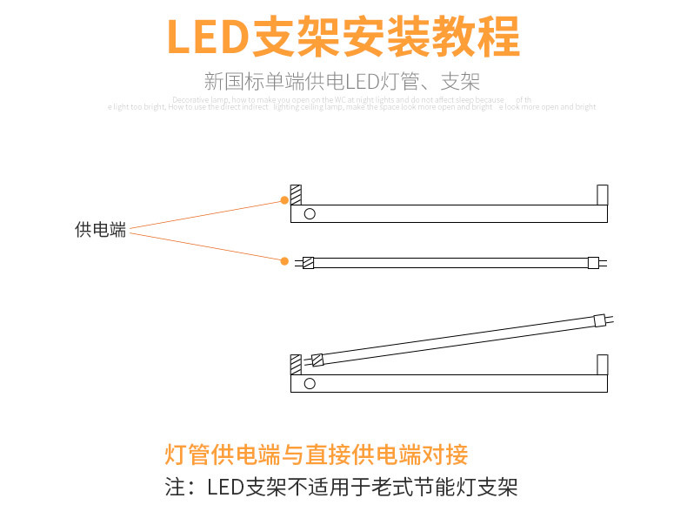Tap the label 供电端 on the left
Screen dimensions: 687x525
pos(100,230)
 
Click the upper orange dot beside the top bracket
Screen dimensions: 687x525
pos(284,199)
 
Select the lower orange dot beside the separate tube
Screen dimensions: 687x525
pos(284,259)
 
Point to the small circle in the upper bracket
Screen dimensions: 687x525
pos(309,213)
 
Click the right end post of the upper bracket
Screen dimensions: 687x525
pos(602,194)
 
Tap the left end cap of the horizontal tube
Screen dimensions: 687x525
pos(308,261)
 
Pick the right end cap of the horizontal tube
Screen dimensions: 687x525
pos(594,261)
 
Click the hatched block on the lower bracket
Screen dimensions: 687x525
pos(296,363)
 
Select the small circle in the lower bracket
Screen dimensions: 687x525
pos(309,383)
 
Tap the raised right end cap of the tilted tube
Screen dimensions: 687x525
pos(598,320)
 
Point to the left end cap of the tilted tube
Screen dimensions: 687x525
pos(317,359)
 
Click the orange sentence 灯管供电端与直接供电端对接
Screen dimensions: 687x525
pos(317,454)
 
